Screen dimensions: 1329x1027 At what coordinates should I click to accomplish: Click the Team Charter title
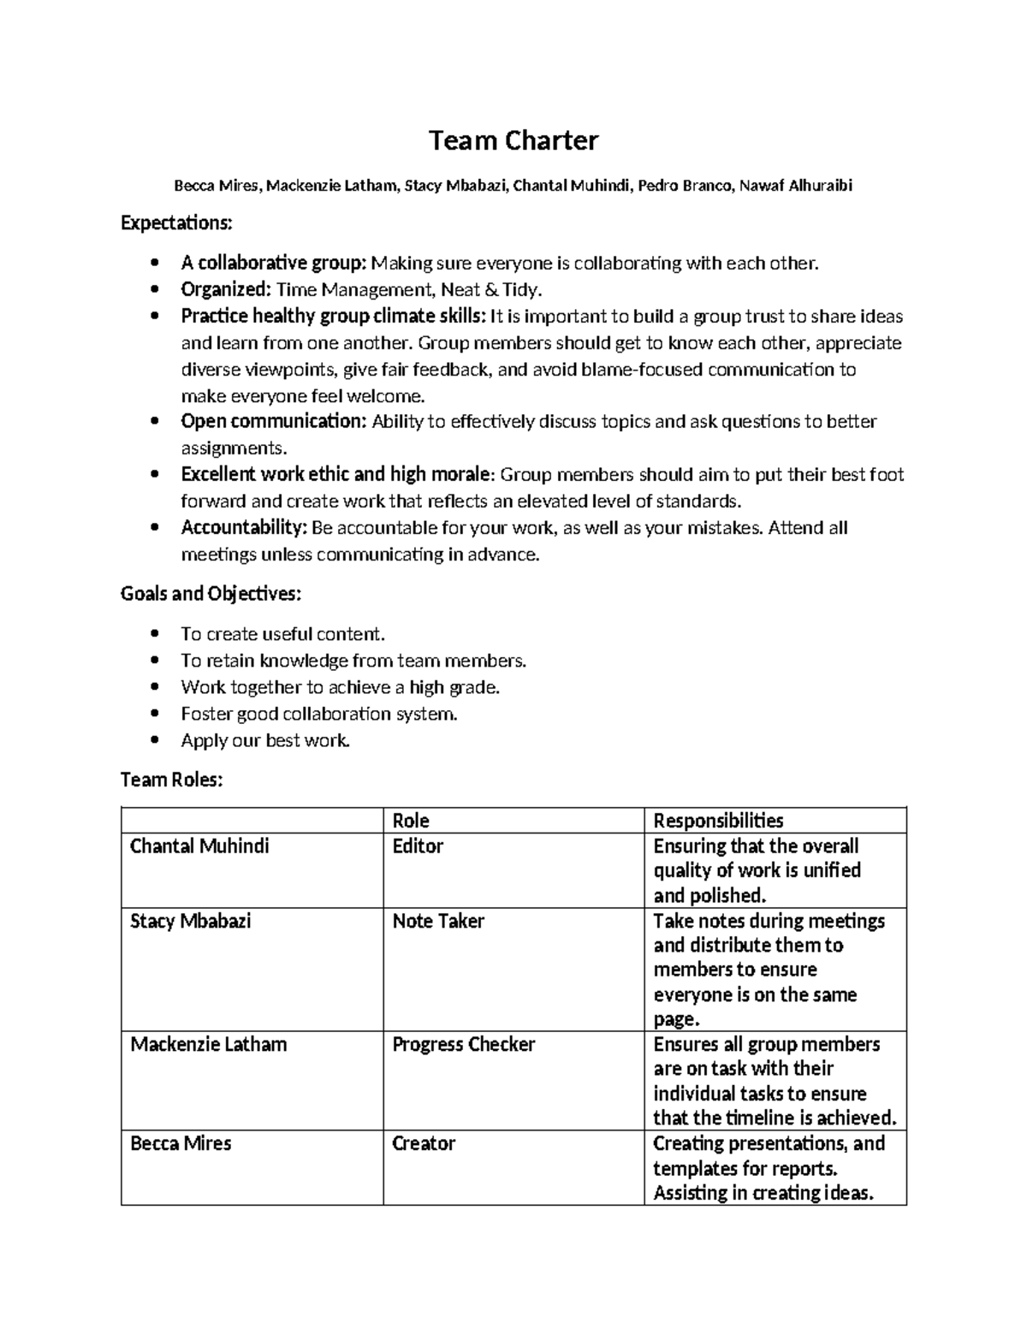513,140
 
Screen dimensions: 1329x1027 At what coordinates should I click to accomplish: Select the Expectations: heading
176,223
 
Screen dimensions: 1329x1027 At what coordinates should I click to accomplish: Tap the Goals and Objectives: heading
211,594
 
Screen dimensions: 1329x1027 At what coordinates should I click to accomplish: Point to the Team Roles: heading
171,780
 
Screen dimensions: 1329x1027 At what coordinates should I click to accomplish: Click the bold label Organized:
226,289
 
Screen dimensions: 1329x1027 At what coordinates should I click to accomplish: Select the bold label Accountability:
244,528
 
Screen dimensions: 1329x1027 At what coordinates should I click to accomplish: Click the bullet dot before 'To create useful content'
154,634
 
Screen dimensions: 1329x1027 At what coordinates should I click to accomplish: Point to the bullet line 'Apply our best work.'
265,740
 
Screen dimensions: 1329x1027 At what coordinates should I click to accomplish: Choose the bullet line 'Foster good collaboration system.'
318,714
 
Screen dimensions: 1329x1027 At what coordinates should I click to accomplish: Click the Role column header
411,821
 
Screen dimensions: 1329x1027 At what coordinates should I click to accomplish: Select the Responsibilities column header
718,821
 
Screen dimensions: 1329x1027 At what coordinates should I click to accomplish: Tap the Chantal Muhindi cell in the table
199,846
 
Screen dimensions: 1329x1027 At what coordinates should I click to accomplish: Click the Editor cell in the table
418,846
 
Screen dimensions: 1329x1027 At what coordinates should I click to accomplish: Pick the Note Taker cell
438,922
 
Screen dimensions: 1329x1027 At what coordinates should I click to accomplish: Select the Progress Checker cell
463,1045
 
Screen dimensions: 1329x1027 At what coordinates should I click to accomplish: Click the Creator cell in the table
424,1144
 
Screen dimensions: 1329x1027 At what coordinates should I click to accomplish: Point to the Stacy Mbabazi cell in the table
190,922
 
